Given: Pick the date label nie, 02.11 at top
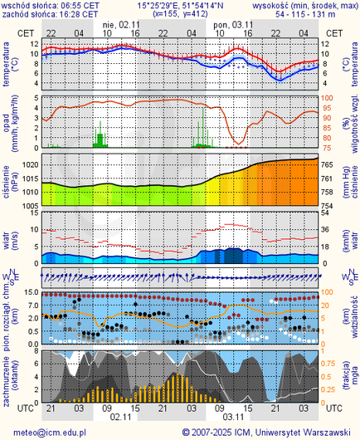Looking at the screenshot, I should pos(119,25).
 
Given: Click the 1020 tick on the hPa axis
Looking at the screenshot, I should pos(27,166).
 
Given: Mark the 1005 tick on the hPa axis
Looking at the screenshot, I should pos(27,205).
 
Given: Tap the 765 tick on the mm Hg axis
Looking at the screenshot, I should pos(328,166).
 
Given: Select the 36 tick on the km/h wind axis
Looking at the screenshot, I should pos(327,229).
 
